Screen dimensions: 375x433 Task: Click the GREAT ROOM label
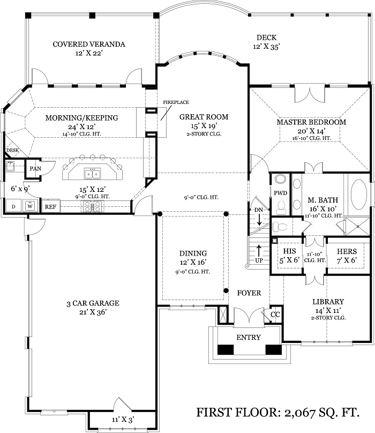[x=204, y=117]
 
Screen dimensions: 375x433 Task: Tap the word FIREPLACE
[x=176, y=102]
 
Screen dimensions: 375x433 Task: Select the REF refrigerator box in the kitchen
[x=50, y=206]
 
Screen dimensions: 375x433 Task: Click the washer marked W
[x=30, y=206]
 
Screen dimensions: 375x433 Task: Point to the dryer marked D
[x=13, y=206]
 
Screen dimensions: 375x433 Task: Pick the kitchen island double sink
[x=92, y=174]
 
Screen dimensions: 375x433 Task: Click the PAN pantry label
[x=35, y=168]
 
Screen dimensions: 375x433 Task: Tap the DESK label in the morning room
[x=12, y=150]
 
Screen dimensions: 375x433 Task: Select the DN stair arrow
[x=260, y=220]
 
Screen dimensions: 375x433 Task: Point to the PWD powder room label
[x=281, y=193]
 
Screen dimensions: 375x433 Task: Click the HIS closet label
[x=289, y=251]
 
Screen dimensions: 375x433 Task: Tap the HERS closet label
[x=347, y=251]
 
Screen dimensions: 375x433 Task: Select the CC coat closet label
[x=275, y=315]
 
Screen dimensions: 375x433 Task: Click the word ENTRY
[x=249, y=337]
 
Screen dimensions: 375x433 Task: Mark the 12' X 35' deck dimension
[x=266, y=47]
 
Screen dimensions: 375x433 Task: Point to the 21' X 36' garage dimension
[x=93, y=312]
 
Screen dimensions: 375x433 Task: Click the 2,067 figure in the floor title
[x=300, y=413]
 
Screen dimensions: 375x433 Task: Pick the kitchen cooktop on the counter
[x=93, y=206]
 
